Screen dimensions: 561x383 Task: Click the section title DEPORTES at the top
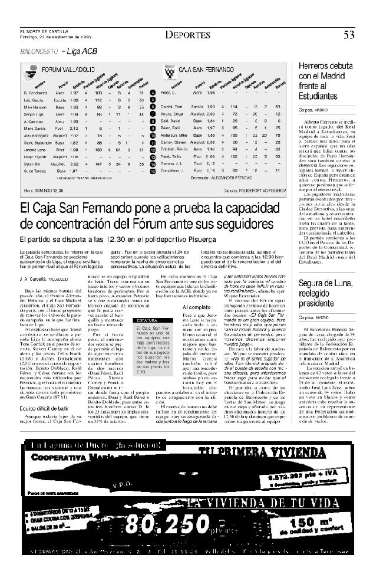tap(187, 35)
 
